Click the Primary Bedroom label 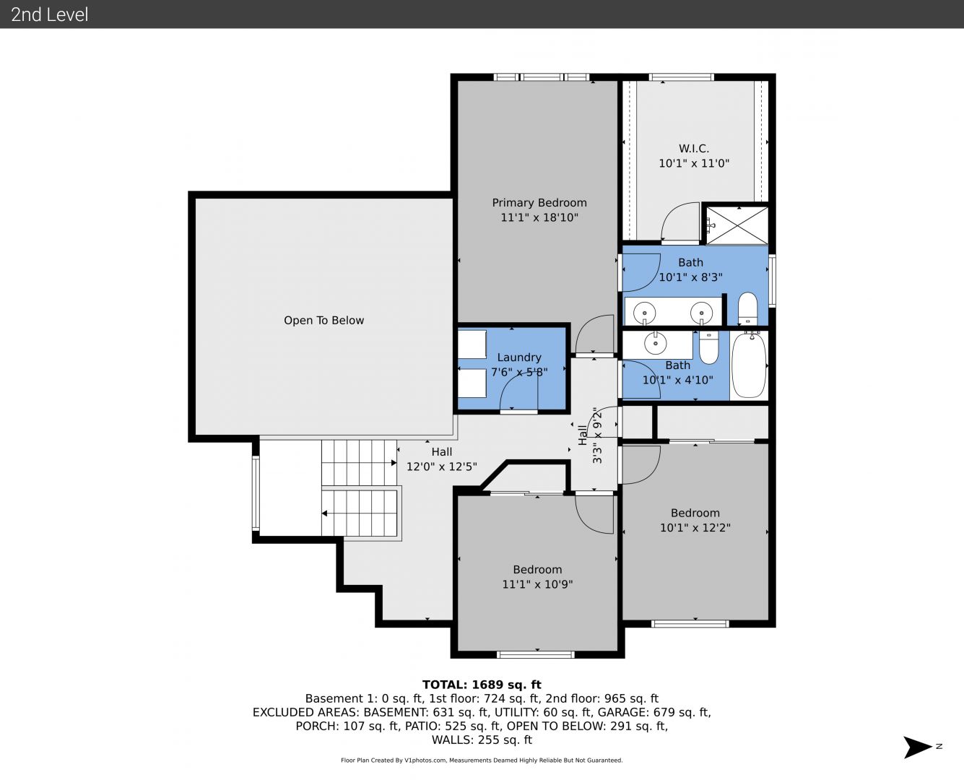tap(539, 202)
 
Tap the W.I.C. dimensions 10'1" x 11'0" tap(694, 163)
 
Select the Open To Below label tap(323, 320)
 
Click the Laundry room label tap(519, 357)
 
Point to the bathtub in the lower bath tap(749, 365)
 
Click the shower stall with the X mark tap(737, 225)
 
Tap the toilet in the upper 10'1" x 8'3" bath tap(747, 308)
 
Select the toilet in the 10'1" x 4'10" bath tap(709, 347)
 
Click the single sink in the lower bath tap(656, 342)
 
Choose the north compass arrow tap(918, 747)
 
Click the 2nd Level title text tap(49, 14)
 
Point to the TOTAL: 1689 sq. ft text tap(482, 685)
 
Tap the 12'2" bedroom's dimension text tap(695, 527)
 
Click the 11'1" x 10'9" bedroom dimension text tap(537, 584)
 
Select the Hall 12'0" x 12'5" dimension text tap(441, 467)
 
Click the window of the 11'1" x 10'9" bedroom tap(535, 654)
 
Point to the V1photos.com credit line tap(482, 760)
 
